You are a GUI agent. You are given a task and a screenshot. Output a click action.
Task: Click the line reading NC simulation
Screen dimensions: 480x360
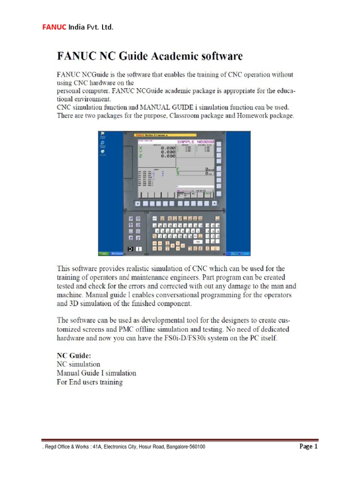pyautogui.click(x=78, y=364)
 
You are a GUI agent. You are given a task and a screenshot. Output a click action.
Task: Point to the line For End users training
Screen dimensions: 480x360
pyautogui.click(x=90, y=382)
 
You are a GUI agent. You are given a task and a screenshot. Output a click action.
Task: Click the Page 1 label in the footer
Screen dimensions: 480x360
pyautogui.click(x=308, y=447)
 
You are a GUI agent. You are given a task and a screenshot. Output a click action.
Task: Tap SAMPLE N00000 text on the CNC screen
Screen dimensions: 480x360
pyautogui.click(x=195, y=141)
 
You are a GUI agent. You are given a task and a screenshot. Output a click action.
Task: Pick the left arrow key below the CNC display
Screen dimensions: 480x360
pyautogui.click(x=137, y=204)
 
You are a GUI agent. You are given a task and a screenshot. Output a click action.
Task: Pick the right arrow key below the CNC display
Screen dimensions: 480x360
pyautogui.click(x=214, y=204)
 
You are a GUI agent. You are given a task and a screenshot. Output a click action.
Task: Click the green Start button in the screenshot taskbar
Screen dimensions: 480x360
pyautogui.click(x=104, y=254)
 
